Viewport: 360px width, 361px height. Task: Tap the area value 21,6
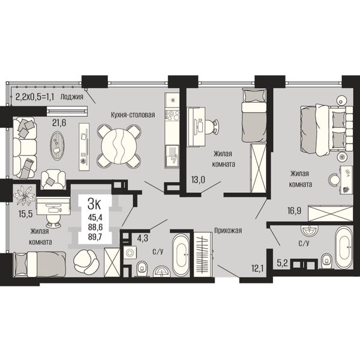point(59,123)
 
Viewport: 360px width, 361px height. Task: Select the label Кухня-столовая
point(133,115)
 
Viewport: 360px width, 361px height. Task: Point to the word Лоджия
point(71,97)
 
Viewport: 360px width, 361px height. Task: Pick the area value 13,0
point(198,180)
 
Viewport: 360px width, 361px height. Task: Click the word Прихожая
point(228,230)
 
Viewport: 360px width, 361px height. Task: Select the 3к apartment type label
point(94,204)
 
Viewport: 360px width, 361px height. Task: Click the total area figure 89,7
point(95,237)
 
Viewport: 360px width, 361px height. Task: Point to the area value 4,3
point(142,238)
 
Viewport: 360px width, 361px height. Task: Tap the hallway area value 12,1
point(257,268)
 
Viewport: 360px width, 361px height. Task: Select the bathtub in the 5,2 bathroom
point(343,247)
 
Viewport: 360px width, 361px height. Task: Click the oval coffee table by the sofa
point(58,146)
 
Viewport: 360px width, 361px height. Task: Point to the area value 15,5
point(26,214)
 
